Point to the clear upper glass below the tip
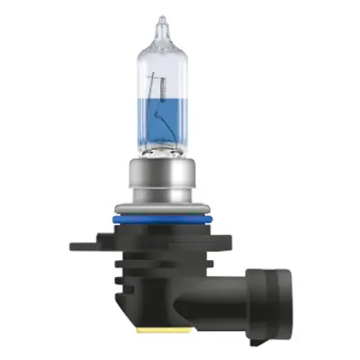pos(162,67)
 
